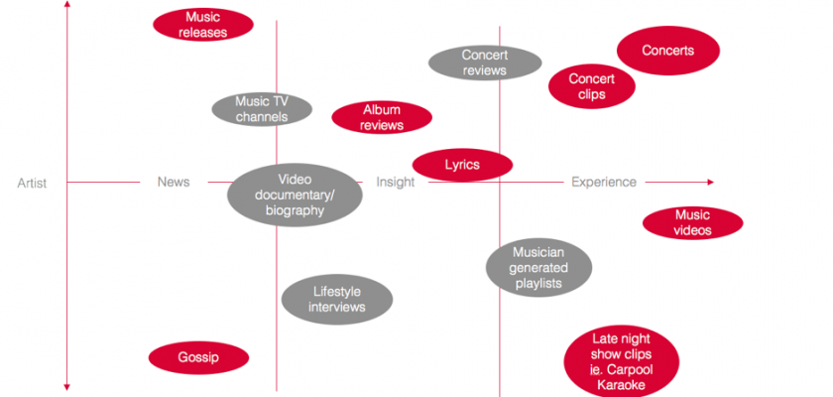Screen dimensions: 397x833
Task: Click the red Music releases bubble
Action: click(x=202, y=25)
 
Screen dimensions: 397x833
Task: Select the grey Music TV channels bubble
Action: click(x=262, y=109)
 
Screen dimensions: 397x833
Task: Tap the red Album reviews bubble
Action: click(x=382, y=118)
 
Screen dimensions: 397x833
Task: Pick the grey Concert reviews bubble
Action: click(x=485, y=63)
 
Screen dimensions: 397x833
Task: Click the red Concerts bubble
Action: click(x=667, y=51)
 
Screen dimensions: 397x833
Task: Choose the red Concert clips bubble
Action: click(x=592, y=86)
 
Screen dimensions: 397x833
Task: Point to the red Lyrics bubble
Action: click(x=462, y=165)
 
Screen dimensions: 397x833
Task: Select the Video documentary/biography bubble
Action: click(x=295, y=195)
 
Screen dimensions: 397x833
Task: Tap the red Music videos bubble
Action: click(x=692, y=223)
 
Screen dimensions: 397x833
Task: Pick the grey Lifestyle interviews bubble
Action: click(x=337, y=299)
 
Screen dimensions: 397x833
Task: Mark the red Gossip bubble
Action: click(x=198, y=357)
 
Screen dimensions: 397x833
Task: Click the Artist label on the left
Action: click(x=32, y=183)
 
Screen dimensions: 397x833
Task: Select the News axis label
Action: click(x=174, y=183)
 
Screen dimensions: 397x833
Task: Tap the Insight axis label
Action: click(x=395, y=183)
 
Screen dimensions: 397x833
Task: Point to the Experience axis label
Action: click(x=604, y=183)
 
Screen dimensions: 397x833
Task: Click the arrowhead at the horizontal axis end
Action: click(x=710, y=183)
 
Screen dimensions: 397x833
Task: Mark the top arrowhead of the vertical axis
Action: click(x=65, y=5)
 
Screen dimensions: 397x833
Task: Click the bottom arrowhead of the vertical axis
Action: click(x=65, y=387)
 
